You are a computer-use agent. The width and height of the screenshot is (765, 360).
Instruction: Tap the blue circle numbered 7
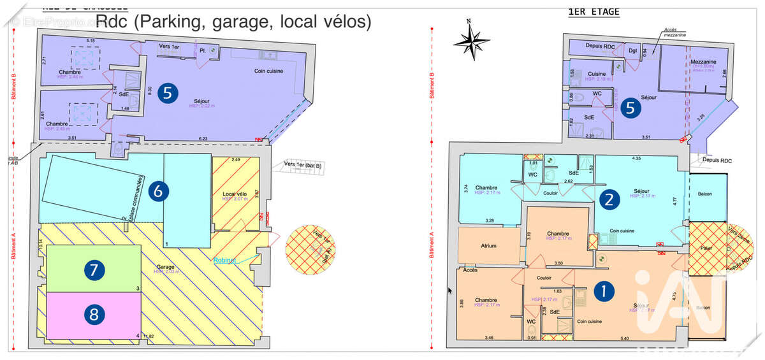94,270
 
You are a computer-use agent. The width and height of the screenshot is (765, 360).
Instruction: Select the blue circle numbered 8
94,313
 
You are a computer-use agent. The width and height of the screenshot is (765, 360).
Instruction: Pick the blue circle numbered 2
609,199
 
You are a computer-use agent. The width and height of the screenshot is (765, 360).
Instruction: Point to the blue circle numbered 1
604,291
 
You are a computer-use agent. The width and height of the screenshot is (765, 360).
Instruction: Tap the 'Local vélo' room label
234,193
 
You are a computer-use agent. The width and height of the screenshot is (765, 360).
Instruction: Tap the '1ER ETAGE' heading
593,11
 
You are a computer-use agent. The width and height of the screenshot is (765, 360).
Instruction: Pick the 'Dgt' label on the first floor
633,50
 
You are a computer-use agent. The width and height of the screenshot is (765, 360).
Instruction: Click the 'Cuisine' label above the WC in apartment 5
597,75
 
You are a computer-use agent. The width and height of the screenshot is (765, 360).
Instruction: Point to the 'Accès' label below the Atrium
470,270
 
